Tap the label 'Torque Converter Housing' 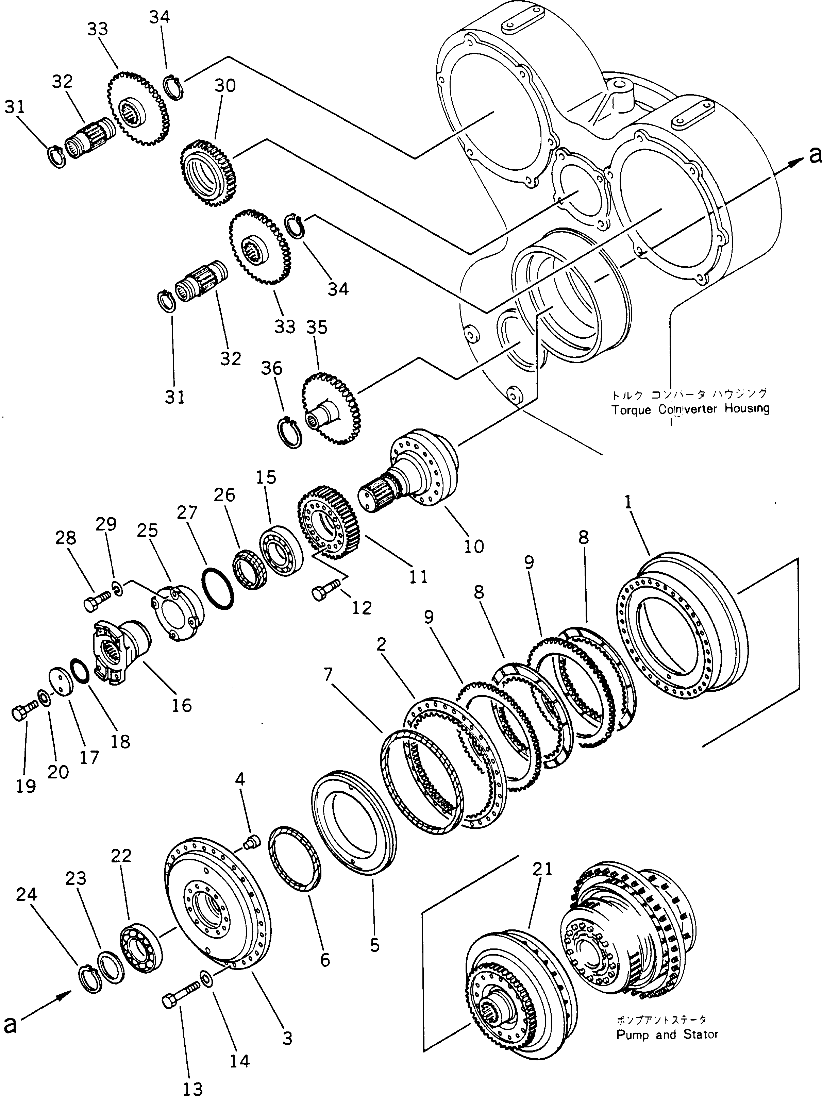coord(690,409)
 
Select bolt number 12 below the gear coord(324,592)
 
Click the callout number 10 coord(474,546)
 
